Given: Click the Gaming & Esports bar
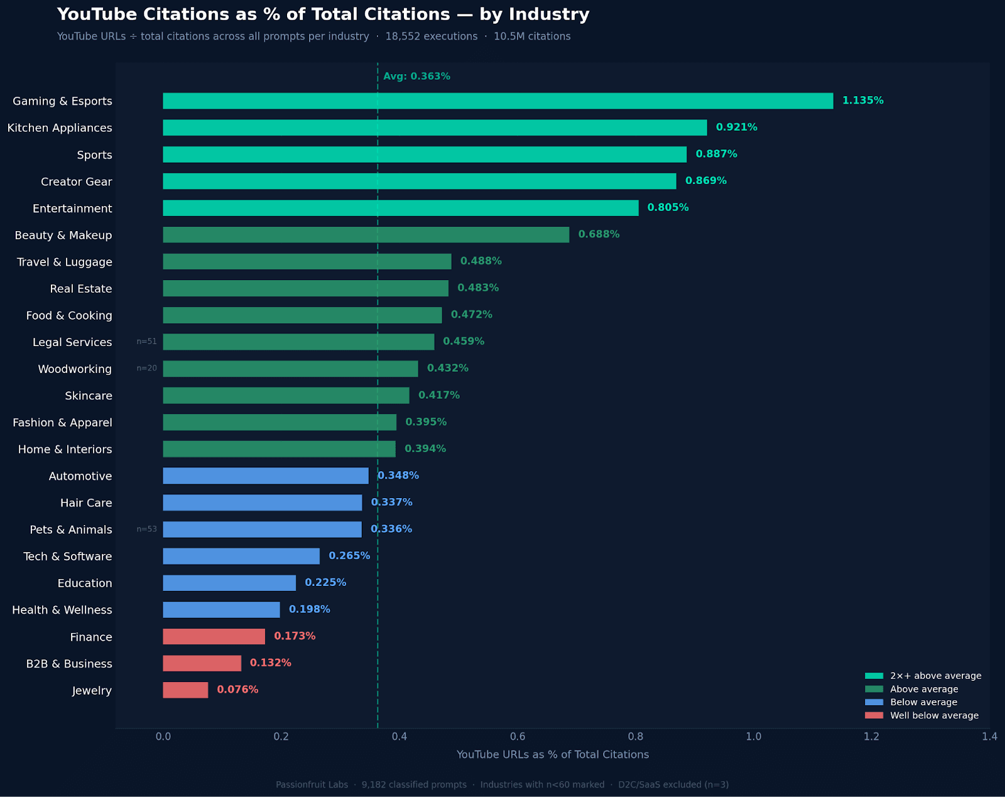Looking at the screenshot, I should point(497,101).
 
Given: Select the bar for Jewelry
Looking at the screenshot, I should point(185,690).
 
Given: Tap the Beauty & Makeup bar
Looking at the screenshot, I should point(366,235).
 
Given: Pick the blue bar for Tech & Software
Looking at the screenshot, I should point(241,556).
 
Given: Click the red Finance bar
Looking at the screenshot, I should point(214,637).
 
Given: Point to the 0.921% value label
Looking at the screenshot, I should point(736,127).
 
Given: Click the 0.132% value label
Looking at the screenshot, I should point(270,663).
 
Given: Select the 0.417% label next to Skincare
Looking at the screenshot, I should point(438,395).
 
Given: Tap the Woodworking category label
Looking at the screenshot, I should point(75,369).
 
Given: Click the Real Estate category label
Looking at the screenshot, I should point(81,289).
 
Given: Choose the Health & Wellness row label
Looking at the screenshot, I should point(62,610).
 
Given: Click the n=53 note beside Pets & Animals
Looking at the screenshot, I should point(147,529).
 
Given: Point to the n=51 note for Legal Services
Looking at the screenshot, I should point(147,342).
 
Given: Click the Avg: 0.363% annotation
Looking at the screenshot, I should point(416,77).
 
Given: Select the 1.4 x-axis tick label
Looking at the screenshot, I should point(989,737).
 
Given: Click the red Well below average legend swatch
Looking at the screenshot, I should point(874,715).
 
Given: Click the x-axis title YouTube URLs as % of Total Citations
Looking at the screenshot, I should point(552,755).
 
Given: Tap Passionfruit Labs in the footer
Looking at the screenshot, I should point(312,784).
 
